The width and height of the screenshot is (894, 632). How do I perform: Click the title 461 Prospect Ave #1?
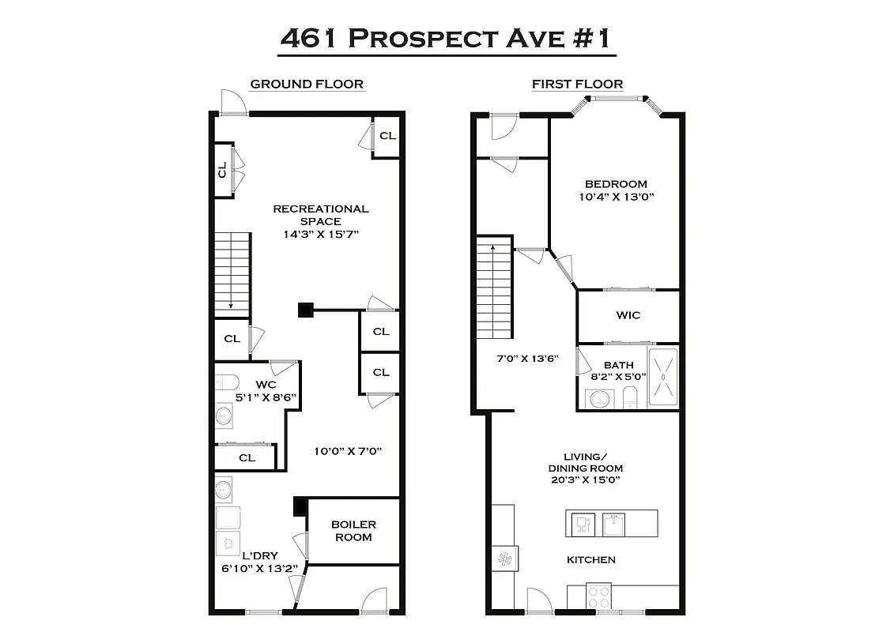[447, 38]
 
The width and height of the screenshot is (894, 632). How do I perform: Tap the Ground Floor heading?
[307, 84]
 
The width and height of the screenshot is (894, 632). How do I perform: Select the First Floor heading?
[577, 84]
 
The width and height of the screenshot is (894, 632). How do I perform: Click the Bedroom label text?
[616, 184]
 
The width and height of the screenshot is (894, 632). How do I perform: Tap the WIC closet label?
[628, 315]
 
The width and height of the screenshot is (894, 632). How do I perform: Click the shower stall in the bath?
[663, 378]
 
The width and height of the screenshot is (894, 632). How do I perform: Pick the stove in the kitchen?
[598, 596]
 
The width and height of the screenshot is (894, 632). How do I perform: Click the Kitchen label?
[591, 560]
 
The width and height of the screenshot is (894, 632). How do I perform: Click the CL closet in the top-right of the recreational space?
[387, 136]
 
